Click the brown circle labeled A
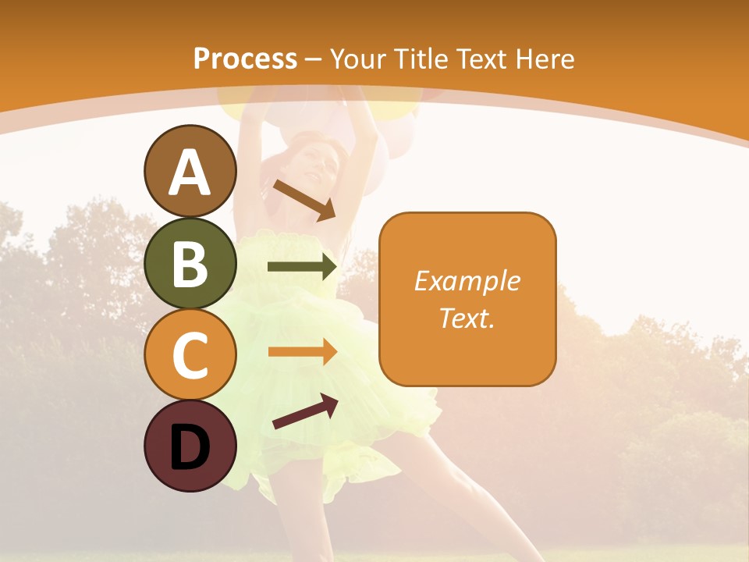click(x=190, y=171)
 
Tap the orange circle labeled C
click(x=190, y=354)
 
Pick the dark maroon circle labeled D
click(x=190, y=446)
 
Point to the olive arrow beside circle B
click(x=302, y=267)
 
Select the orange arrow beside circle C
click(x=302, y=352)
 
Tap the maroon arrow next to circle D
click(x=305, y=411)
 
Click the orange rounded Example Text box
click(x=467, y=299)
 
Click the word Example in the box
click(x=467, y=281)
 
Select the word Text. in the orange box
click(x=467, y=318)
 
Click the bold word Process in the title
click(x=245, y=59)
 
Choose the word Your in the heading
click(x=357, y=59)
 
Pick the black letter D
click(x=190, y=446)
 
